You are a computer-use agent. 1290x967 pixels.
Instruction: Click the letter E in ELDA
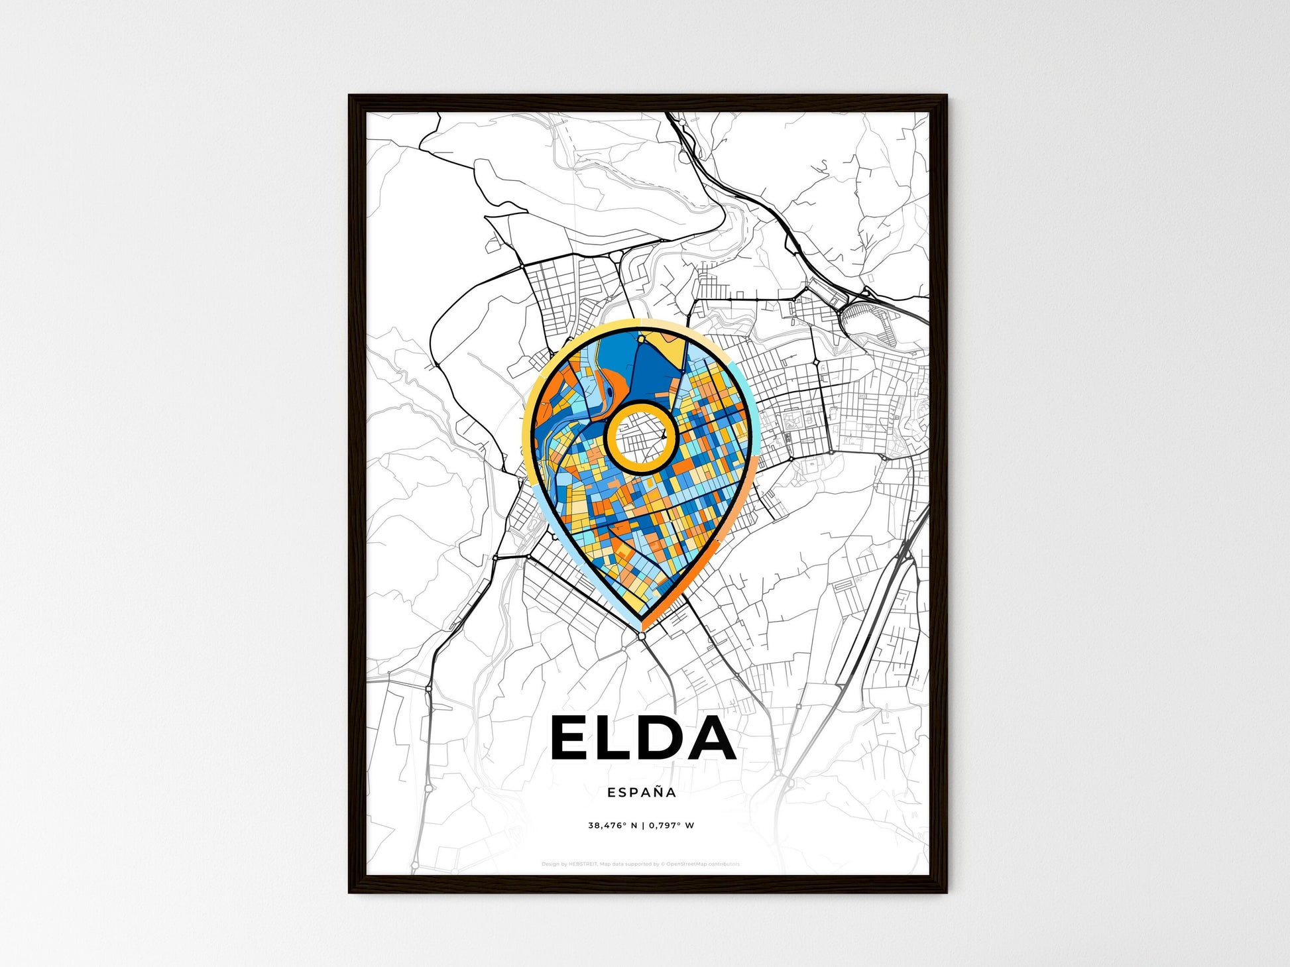coord(571,738)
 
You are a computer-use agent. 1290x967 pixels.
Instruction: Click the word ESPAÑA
coord(642,793)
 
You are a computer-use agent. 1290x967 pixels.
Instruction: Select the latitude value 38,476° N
coord(613,826)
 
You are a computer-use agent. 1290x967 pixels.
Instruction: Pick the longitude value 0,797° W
coord(672,826)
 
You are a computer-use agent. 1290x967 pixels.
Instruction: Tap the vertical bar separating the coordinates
coord(643,826)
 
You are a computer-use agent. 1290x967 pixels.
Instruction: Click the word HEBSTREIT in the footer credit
coord(583,864)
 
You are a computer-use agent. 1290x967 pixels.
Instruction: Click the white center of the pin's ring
coord(641,437)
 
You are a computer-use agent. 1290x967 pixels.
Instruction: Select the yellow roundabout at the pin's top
coord(642,339)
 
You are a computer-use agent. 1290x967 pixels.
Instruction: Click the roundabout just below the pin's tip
coord(642,636)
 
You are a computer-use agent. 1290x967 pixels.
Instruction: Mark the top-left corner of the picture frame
coord(350,96)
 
